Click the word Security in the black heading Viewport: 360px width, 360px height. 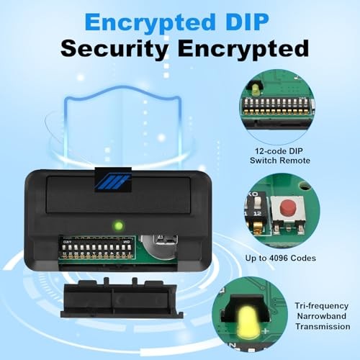[114, 49]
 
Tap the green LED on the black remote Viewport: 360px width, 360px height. [119, 225]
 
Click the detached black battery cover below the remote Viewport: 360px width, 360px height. [122, 300]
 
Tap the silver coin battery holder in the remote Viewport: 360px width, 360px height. [158, 247]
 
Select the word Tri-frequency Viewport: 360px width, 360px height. [321, 306]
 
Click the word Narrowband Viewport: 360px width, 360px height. [321, 316]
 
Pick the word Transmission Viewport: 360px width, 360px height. [323, 327]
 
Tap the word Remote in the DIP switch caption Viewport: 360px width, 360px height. [295, 161]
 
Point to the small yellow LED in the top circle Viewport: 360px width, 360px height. [255, 90]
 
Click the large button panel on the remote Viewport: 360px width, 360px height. [118, 195]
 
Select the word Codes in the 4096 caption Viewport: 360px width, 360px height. [303, 258]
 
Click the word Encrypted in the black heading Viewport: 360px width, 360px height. [243, 50]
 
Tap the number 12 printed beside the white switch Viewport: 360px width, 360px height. [257, 213]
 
